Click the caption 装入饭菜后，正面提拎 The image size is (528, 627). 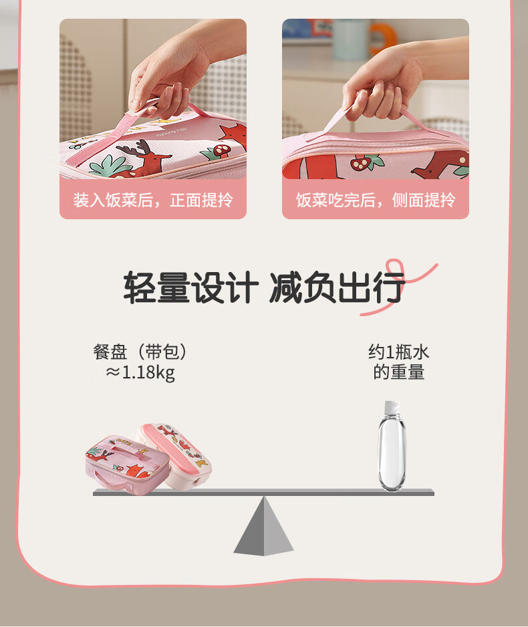(x=152, y=200)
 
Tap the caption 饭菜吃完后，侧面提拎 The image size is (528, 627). (x=376, y=200)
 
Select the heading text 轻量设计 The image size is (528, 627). (x=191, y=287)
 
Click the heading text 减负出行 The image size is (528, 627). (x=337, y=287)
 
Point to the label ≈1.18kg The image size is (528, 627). (x=140, y=373)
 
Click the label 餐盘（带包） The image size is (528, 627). (x=140, y=352)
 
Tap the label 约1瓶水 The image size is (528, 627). (x=398, y=352)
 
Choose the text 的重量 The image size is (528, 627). (x=398, y=372)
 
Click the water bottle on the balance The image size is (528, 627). (x=392, y=445)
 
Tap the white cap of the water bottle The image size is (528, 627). (x=392, y=407)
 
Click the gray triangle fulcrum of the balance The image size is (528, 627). (x=263, y=526)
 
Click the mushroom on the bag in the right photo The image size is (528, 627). (x=359, y=162)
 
